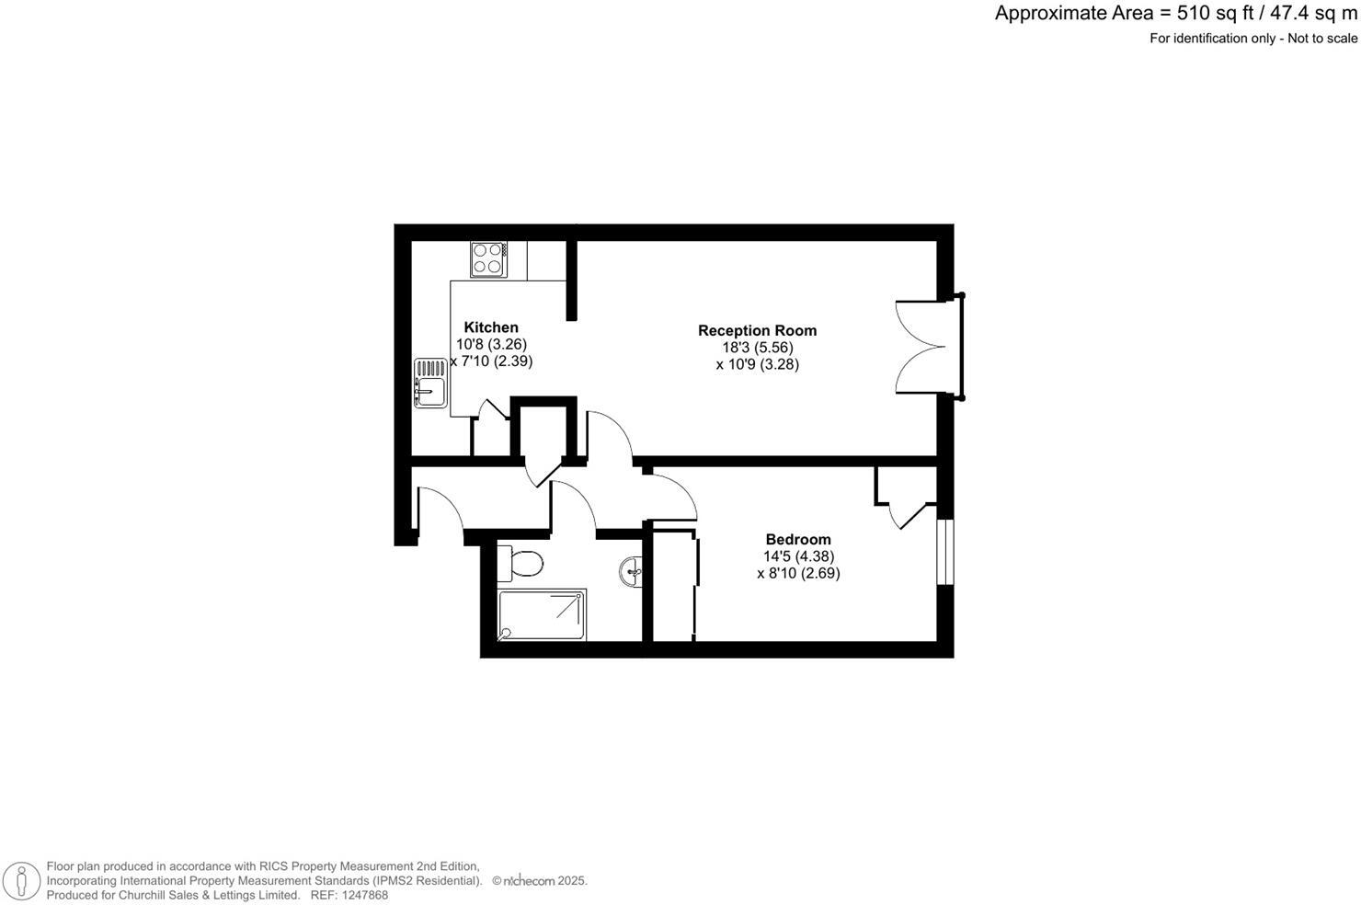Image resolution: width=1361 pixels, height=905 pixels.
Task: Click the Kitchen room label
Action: click(491, 327)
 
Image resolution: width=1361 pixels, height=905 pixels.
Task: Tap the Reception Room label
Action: click(757, 330)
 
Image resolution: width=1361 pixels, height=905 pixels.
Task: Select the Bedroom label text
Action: click(798, 540)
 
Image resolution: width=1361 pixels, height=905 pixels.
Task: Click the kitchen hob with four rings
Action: click(487, 258)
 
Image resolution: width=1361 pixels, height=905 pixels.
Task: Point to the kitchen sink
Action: click(429, 383)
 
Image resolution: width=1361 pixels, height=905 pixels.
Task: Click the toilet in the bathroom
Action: click(520, 564)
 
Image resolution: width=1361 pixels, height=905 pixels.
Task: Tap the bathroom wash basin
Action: click(632, 572)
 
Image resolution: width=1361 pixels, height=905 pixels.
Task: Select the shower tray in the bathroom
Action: click(542, 615)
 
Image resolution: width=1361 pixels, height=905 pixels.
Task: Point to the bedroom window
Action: click(945, 552)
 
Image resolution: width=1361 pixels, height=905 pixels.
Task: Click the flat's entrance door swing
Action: click(440, 510)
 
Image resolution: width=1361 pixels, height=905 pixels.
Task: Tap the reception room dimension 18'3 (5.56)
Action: click(757, 348)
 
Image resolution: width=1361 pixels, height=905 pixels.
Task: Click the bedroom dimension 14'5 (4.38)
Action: click(798, 556)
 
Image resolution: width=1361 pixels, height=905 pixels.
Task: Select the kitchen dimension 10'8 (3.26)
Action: click(491, 344)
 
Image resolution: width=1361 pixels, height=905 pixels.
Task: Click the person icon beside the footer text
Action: click(21, 881)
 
